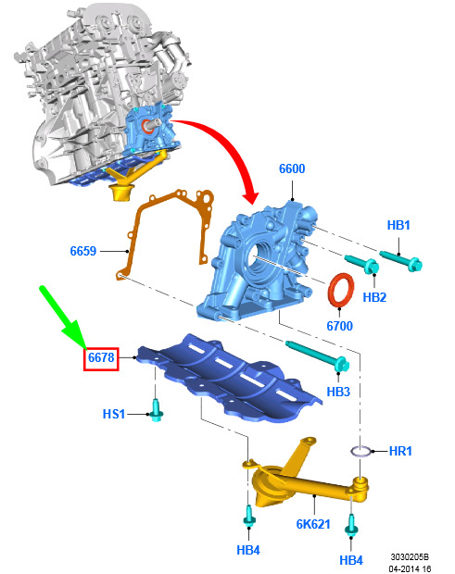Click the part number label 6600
[292, 168]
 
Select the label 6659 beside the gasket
[83, 251]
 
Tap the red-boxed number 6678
[101, 357]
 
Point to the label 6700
[339, 326]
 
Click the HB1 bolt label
[398, 225]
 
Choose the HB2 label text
[374, 297]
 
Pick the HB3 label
[338, 392]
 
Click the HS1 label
[114, 414]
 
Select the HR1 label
[400, 451]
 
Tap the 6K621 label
[313, 524]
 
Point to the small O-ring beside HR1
[361, 451]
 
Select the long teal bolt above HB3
[318, 356]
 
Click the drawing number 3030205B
[410, 556]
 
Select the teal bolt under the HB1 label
[400, 259]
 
